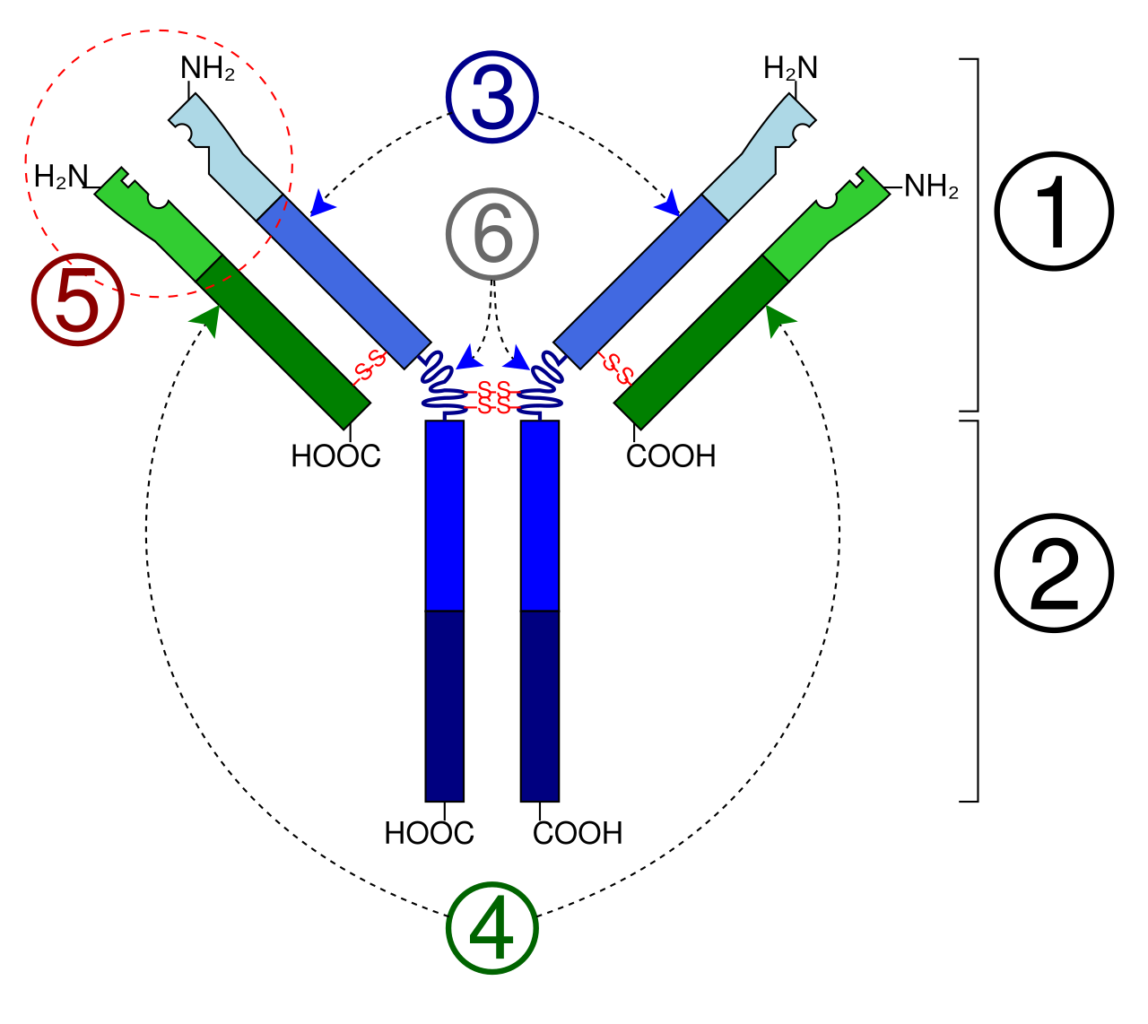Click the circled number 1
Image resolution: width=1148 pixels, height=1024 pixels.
coord(1053,211)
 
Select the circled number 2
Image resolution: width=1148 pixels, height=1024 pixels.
coord(1053,573)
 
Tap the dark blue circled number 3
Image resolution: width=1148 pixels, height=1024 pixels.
coord(491,97)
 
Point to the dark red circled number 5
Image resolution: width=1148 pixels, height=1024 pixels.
coord(78,299)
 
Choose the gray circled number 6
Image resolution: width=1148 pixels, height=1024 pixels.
coord(491,234)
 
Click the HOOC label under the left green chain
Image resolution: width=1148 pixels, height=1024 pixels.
coord(335,456)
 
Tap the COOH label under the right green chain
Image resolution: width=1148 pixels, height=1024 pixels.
coord(671,456)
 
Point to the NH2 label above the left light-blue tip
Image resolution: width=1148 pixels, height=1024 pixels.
coord(207,68)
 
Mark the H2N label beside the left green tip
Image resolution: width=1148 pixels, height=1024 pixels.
coord(61,177)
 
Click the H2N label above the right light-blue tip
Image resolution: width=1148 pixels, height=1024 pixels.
coord(790,68)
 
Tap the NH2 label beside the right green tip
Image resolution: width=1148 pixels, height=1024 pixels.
coord(931,187)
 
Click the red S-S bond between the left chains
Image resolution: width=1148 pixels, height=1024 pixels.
coord(370,367)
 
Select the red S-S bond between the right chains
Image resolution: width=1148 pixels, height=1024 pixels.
coord(615,368)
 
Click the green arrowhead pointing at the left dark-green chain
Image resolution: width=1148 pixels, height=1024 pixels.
coord(207,320)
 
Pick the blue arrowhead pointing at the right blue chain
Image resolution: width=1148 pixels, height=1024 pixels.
coord(668,203)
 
